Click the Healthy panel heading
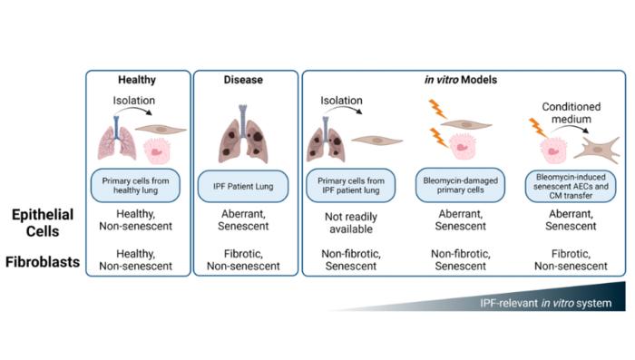[x=137, y=80]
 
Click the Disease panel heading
[x=243, y=80]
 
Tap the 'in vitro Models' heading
[x=461, y=80]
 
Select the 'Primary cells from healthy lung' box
[x=136, y=186]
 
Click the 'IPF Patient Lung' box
[x=243, y=186]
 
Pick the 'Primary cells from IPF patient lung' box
[x=351, y=186]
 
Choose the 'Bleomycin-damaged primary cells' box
[x=461, y=185]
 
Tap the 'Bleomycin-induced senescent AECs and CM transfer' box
[x=571, y=186]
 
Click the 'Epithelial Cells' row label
[x=43, y=223]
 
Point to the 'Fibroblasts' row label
[x=43, y=262]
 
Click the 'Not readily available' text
[x=351, y=223]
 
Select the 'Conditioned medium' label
[x=571, y=112]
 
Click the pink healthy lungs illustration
[x=117, y=139]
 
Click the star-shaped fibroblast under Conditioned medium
[x=597, y=150]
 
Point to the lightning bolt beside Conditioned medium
[x=537, y=127]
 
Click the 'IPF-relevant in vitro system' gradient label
[x=545, y=303]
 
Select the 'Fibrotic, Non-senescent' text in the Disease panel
[x=243, y=260]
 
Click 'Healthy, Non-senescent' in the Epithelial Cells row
[x=136, y=219]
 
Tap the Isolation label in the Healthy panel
[x=134, y=101]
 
